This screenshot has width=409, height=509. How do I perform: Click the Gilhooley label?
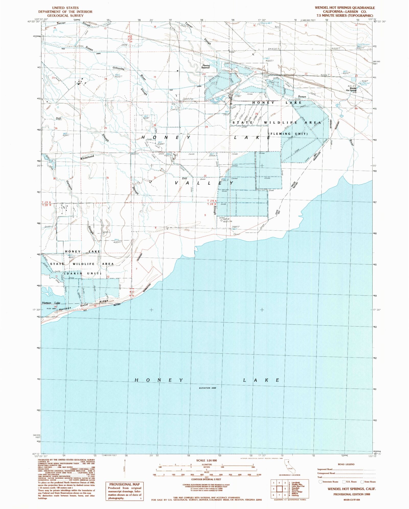point(119,68)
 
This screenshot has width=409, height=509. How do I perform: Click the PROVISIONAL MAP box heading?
point(124,484)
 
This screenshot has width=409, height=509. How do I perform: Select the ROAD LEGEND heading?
point(346,464)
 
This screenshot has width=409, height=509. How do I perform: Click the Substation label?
point(188,99)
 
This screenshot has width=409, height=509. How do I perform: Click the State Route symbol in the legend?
point(362,482)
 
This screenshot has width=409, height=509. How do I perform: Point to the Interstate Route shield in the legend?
point(321,482)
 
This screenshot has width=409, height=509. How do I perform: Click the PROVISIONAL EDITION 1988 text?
point(351,494)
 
